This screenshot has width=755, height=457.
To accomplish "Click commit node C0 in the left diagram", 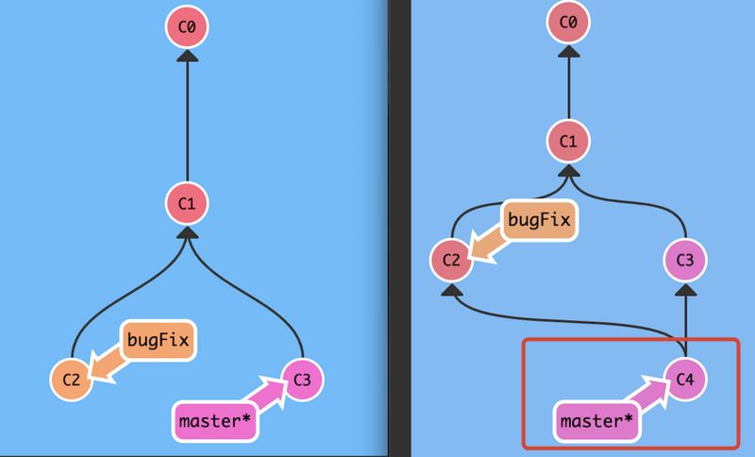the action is coord(187,29).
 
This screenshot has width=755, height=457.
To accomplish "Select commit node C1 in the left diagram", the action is coord(187,203).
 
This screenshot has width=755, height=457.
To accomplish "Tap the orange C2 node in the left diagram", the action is coord(70,380).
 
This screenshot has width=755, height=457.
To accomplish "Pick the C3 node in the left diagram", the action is coord(302,380).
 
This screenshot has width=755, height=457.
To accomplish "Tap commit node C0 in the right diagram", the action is coord(568,23).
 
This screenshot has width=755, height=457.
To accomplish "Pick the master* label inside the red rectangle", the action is coord(596,421).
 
